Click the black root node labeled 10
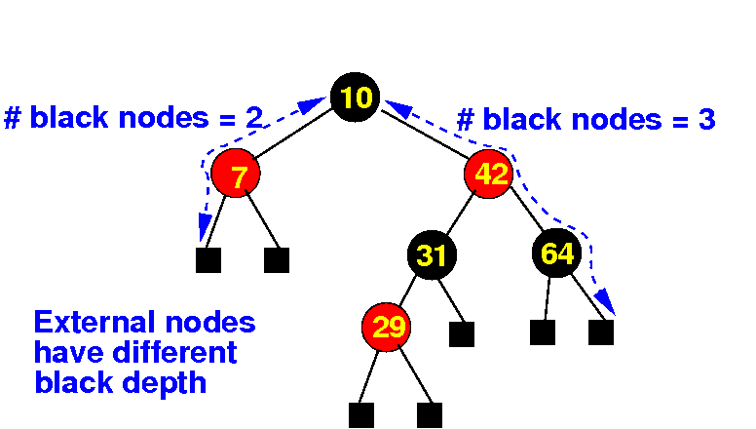[x=355, y=97]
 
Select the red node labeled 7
[x=237, y=175]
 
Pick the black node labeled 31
[x=432, y=255]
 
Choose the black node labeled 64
[x=557, y=254]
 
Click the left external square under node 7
[x=208, y=260]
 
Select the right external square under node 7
[x=277, y=260]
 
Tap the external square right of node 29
[x=461, y=333]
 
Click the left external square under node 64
[x=543, y=332]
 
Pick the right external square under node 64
[x=600, y=332]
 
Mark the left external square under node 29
[x=360, y=414]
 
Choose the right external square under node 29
[x=429, y=414]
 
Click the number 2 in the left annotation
[x=254, y=118]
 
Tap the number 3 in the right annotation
[x=707, y=120]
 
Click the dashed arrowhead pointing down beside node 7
[x=206, y=232]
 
